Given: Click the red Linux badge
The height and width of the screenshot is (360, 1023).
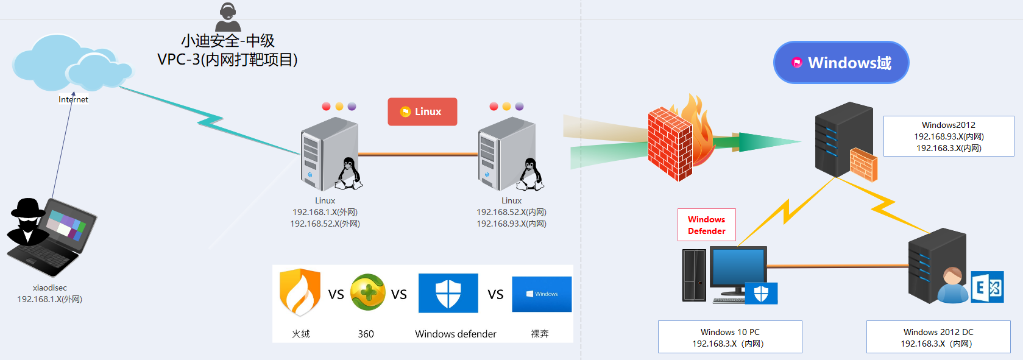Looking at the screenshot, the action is [x=422, y=111].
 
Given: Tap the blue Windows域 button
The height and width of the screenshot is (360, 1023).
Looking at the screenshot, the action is [x=841, y=63].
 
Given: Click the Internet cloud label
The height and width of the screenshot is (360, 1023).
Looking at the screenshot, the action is [x=73, y=99].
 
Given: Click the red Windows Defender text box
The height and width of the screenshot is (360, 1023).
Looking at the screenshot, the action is [x=707, y=225].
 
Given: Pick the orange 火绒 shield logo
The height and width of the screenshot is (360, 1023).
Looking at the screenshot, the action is [x=300, y=292].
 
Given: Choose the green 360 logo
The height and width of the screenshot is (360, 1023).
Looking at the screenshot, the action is [x=367, y=292].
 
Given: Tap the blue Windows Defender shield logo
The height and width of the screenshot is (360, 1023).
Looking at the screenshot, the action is [x=448, y=294].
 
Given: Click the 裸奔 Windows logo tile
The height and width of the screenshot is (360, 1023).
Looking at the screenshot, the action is [x=542, y=294].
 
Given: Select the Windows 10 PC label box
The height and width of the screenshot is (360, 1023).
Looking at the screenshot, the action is [x=730, y=337].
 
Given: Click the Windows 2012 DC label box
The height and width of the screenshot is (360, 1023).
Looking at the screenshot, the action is [x=938, y=337].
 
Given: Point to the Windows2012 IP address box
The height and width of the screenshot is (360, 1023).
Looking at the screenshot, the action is [x=949, y=136].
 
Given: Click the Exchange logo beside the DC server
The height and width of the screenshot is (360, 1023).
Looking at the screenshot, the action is [x=988, y=287].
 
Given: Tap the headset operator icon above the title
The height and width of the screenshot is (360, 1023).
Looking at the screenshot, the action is [x=228, y=17].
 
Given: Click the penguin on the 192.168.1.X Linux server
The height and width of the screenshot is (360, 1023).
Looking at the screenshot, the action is [x=349, y=174].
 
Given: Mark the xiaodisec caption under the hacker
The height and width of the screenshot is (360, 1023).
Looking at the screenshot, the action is [x=50, y=288].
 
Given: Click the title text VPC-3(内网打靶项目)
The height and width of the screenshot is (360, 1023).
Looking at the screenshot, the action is [x=227, y=60].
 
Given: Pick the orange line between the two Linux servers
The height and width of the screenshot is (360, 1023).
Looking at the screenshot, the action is [x=418, y=155].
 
